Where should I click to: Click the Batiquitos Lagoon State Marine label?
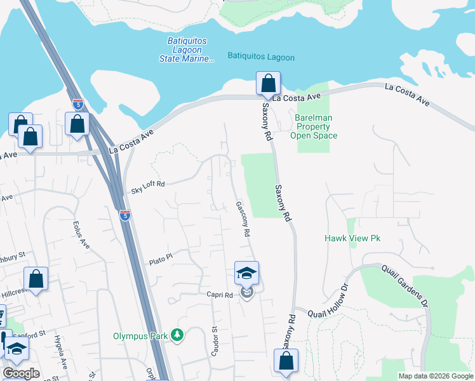click(x=187, y=50)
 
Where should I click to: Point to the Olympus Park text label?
click(x=143, y=336)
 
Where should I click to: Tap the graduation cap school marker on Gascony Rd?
click(x=246, y=274)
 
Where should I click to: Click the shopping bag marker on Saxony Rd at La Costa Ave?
click(x=268, y=84)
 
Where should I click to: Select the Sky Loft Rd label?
click(x=147, y=184)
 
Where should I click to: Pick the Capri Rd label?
click(x=220, y=295)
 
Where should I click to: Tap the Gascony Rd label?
click(x=242, y=219)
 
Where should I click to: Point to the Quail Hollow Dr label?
click(x=328, y=302)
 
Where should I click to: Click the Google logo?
click(x=21, y=373)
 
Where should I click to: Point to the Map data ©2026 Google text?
click(x=435, y=376)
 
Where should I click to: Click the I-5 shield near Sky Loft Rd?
click(x=126, y=216)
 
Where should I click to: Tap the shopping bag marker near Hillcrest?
click(x=36, y=279)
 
